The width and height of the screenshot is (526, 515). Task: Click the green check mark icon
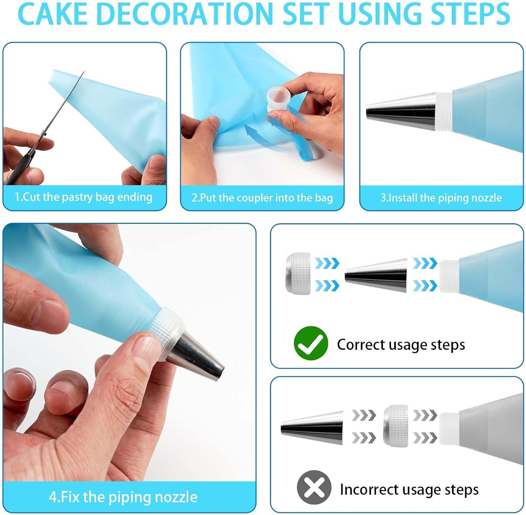pos(311,343)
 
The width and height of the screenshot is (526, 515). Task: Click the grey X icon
pos(314,487)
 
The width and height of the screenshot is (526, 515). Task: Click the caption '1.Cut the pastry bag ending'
pos(83,197)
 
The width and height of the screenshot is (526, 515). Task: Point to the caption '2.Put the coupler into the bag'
pos(262,198)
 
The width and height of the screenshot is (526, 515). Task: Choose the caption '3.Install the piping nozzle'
pos(441,198)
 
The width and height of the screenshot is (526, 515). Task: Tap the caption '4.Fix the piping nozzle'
pos(123,497)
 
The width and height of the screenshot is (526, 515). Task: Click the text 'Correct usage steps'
pos(401,344)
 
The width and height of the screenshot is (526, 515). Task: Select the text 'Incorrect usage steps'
pos(409,489)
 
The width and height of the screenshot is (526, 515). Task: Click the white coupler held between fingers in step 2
pos(278,100)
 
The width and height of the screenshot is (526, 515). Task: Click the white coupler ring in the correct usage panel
pos(298,273)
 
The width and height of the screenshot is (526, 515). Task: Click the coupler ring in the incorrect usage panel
pos(396,425)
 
